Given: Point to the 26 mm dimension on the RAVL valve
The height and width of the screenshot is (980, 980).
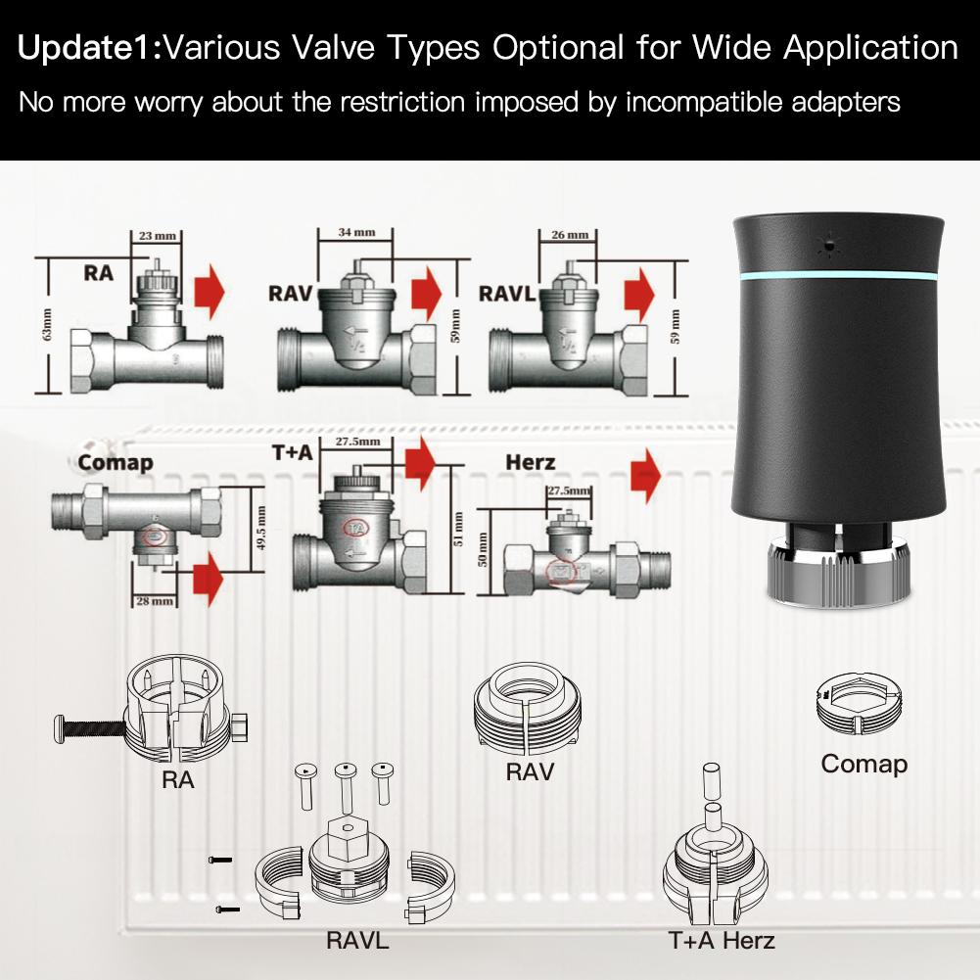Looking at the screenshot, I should coord(569,235).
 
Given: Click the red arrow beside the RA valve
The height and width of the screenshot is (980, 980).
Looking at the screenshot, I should coord(210,291).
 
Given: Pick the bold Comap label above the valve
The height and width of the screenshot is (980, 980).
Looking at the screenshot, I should coord(115,462).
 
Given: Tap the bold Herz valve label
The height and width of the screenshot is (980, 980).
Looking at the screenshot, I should coord(531,461).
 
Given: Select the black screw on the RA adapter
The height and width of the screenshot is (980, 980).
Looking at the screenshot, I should coord(90,728).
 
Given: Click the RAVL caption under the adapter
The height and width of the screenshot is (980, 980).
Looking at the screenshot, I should coord(357,942).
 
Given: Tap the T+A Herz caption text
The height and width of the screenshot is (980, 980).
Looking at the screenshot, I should coord(722,942).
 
